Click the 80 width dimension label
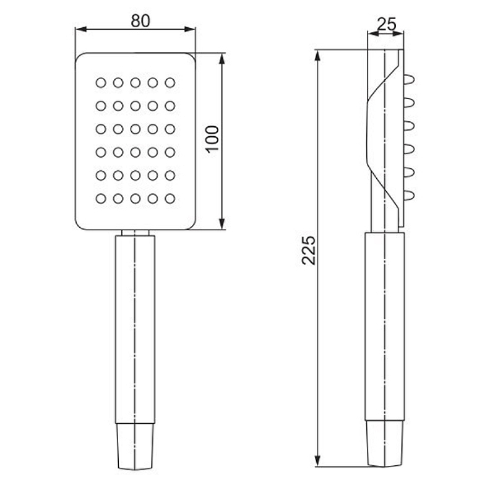(x=140, y=21)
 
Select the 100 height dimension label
(x=212, y=139)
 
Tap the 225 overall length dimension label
(x=308, y=250)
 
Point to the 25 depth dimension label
(x=387, y=24)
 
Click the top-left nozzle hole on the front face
(x=101, y=83)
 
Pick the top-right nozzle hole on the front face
(x=170, y=83)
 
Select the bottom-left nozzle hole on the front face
(x=101, y=199)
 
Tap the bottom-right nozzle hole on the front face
(x=170, y=199)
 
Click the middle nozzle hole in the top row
(x=136, y=83)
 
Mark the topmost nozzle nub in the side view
(x=409, y=80)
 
